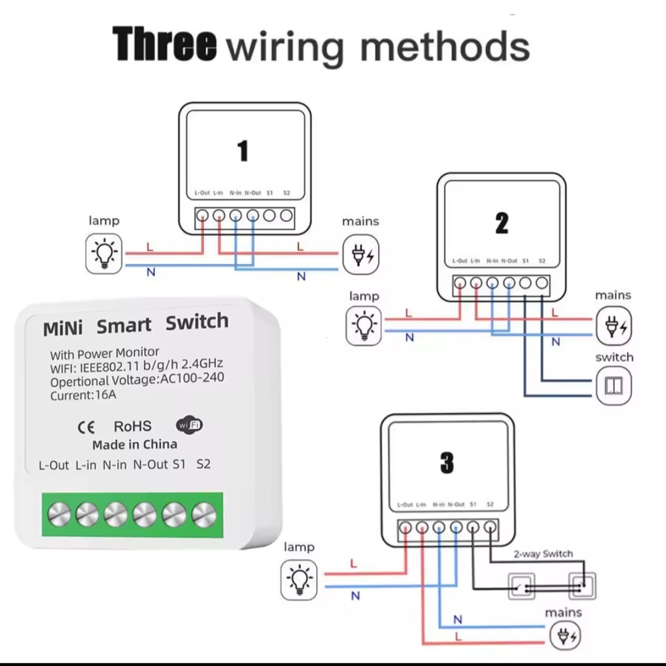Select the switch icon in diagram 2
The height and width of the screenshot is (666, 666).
614,386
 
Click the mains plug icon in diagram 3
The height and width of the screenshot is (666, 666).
564,636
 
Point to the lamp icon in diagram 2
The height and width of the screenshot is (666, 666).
364,324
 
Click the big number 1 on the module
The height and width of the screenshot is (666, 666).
243,151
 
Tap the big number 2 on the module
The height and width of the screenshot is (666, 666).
502,223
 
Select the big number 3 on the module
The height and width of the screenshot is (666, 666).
447,462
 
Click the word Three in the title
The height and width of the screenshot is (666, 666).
165,44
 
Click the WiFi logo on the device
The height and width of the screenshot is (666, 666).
189,425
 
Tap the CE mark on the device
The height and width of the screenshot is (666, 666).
86,427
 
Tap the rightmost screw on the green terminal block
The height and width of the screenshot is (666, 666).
203,513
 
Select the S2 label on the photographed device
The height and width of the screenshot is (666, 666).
203,464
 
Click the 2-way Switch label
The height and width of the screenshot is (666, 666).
543,554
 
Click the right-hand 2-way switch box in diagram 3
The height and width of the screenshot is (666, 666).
582,586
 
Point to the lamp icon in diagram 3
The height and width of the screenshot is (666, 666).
299,580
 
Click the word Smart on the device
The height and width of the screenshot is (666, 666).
123,326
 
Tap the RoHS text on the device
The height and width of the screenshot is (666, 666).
132,426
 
